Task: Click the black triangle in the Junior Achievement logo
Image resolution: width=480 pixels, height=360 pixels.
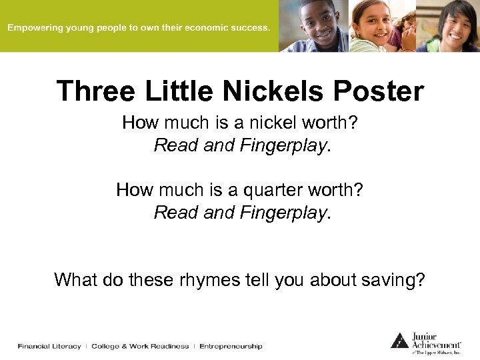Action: (x=399, y=340)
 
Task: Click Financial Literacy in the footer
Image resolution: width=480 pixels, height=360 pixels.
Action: (x=49, y=346)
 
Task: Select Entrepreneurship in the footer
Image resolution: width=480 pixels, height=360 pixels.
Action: (x=231, y=346)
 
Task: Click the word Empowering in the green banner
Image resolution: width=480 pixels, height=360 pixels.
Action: (x=35, y=28)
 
